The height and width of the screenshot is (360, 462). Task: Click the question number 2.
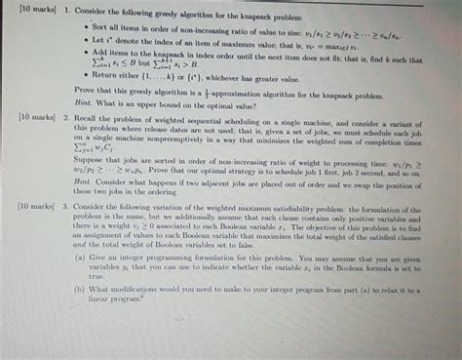click(66, 115)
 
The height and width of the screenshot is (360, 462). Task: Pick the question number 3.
click(65, 208)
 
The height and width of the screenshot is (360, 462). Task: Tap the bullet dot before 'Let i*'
click(82, 41)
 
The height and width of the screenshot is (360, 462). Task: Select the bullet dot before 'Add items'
click(82, 52)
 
